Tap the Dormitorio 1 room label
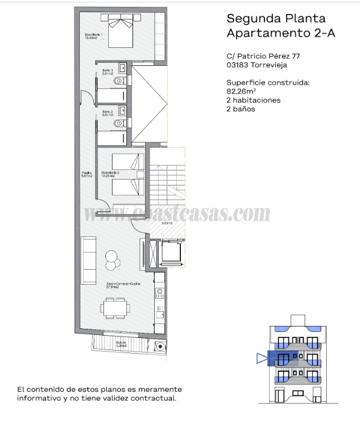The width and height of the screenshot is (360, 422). coord(94,36)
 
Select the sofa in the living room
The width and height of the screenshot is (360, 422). coord(89,260)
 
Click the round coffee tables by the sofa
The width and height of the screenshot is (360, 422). coord(111,259)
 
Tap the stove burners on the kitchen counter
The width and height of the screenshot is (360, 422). coord(160,296)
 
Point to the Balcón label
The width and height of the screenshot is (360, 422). coord(122,345)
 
